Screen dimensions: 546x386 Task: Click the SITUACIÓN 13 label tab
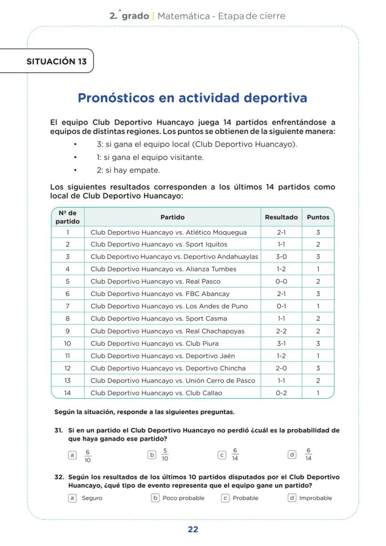click(x=56, y=61)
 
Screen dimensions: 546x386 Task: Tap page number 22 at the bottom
click(x=193, y=529)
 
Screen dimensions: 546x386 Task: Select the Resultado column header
click(x=281, y=217)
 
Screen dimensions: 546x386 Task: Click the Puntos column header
click(x=318, y=217)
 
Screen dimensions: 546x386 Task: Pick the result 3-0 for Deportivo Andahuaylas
click(x=281, y=257)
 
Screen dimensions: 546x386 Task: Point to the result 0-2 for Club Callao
click(x=281, y=393)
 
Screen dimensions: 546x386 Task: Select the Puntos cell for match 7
click(x=318, y=306)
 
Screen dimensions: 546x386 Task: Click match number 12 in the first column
click(x=68, y=368)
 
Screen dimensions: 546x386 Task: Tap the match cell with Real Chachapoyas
click(x=167, y=331)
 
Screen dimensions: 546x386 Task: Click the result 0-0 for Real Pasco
click(x=281, y=282)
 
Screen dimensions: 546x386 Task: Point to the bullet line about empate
click(x=128, y=170)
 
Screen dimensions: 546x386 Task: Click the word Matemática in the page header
click(x=183, y=16)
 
